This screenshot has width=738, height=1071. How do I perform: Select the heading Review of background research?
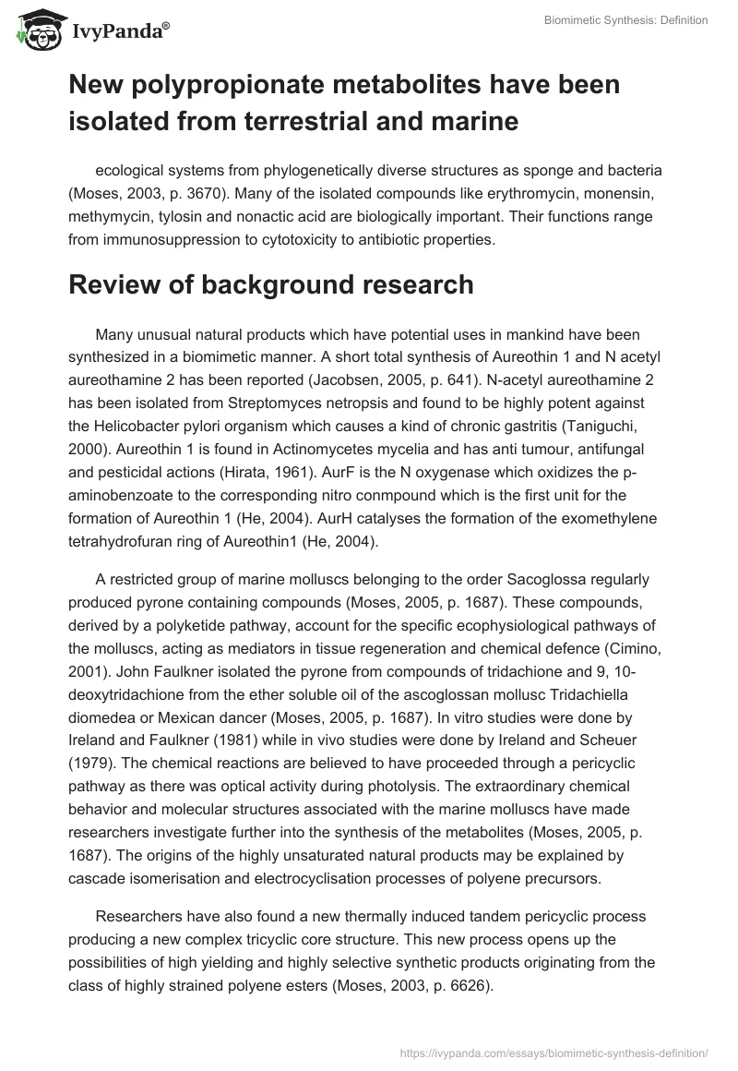click(270, 285)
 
